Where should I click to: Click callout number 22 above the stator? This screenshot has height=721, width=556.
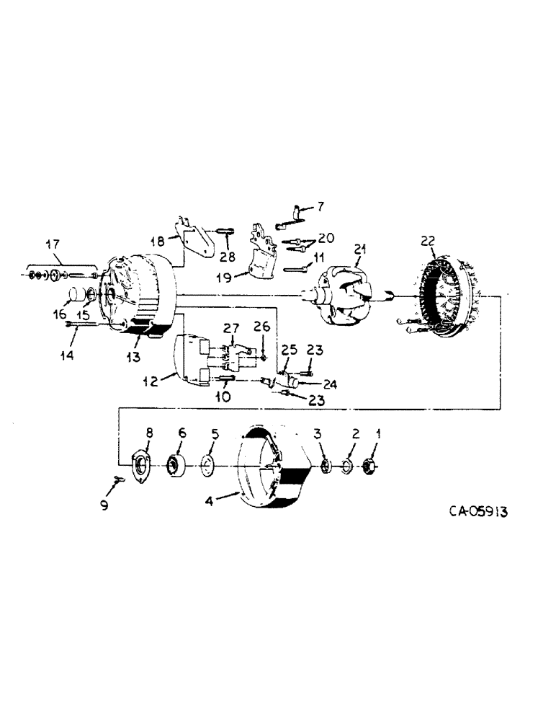pos(429,241)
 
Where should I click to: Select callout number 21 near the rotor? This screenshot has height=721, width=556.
pos(360,249)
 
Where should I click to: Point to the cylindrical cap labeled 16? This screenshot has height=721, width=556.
pos(74,297)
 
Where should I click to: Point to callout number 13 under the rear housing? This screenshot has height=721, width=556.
pos(135,356)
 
